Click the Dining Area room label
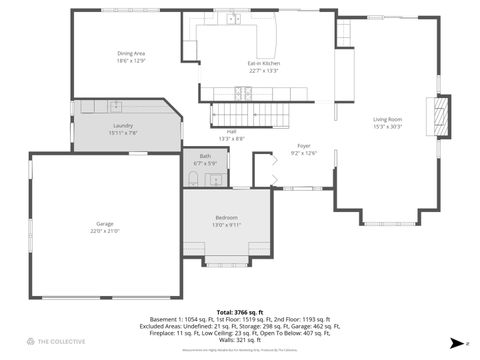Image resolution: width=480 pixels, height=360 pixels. point(131,54)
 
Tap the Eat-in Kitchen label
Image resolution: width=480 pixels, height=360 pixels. point(263,63)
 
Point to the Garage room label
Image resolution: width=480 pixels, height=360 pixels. point(105,223)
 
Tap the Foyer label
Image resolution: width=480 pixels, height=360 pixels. point(303,146)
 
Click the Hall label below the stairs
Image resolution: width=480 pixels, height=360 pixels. point(231,132)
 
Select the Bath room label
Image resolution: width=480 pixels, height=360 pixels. point(205,156)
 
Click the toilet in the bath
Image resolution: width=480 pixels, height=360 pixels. point(192,179)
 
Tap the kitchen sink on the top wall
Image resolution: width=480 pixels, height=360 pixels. point(232,18)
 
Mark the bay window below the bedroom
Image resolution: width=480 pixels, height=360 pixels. point(227,262)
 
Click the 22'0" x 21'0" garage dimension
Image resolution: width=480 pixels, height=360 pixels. point(105,231)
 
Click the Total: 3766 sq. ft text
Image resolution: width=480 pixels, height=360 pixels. point(240,313)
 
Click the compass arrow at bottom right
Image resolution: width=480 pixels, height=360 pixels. point(455,343)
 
